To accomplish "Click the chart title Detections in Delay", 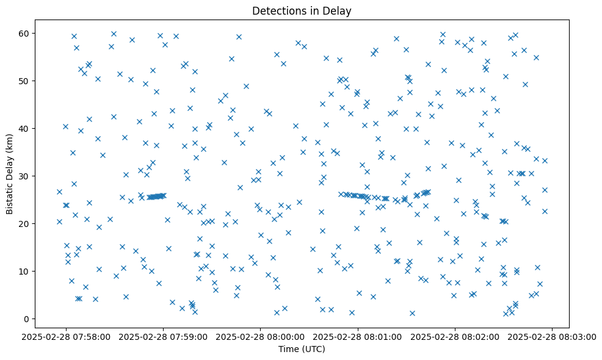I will tap(302, 11).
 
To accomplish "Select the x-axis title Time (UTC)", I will tap(302, 350).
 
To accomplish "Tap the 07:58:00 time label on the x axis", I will tap(67, 336).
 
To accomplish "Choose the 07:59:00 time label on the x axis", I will tap(164, 336).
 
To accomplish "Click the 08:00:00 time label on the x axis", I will tap(261, 336).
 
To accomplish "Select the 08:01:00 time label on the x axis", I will tap(358, 336).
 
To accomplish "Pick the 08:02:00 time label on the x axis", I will tap(455, 336).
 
